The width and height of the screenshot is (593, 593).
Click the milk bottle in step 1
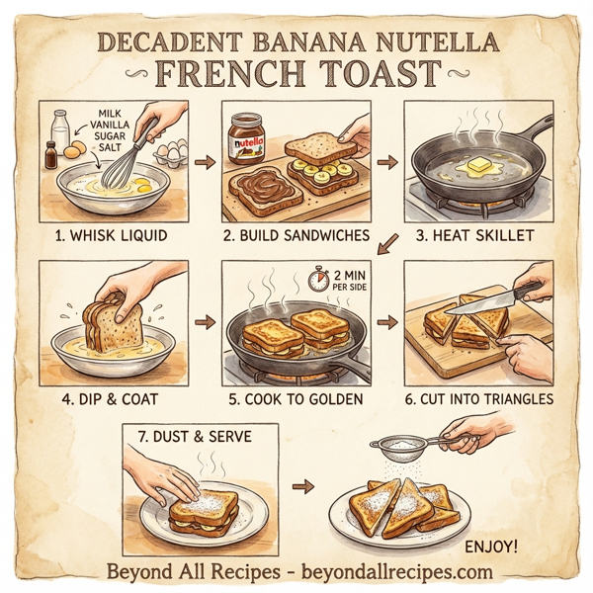point(61,131)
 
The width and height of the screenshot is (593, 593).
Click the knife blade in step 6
point(485,299)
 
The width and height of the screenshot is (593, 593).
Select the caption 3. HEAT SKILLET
point(479,237)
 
